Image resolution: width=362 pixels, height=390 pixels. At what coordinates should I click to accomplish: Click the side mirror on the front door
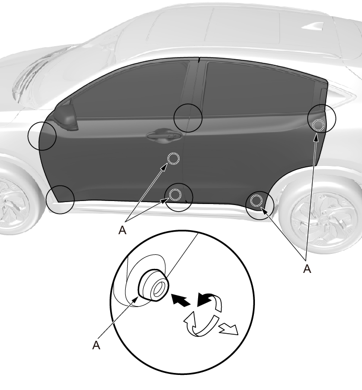(66, 118)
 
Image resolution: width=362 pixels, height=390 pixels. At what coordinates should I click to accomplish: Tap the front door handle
(164, 136)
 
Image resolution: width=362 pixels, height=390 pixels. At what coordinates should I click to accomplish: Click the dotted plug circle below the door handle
(173, 158)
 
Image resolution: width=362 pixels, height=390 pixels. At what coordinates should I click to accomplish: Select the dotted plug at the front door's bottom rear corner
(175, 195)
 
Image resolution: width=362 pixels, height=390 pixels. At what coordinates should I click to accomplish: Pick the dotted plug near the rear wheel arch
(256, 201)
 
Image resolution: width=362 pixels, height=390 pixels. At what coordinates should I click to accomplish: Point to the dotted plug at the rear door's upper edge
(318, 125)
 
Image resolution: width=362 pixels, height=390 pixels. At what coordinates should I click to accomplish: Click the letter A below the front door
(122, 230)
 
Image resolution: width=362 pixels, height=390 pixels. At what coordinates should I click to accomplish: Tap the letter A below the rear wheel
(307, 268)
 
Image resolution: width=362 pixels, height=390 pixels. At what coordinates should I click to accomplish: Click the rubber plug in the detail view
(153, 285)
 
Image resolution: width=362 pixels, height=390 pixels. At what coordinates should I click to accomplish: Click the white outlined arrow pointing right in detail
(228, 329)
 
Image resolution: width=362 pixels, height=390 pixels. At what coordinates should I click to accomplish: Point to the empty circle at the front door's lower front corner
(60, 200)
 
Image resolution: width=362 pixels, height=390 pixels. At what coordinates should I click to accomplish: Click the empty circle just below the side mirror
(42, 136)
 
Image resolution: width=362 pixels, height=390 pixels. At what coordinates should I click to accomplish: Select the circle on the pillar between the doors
(188, 118)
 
